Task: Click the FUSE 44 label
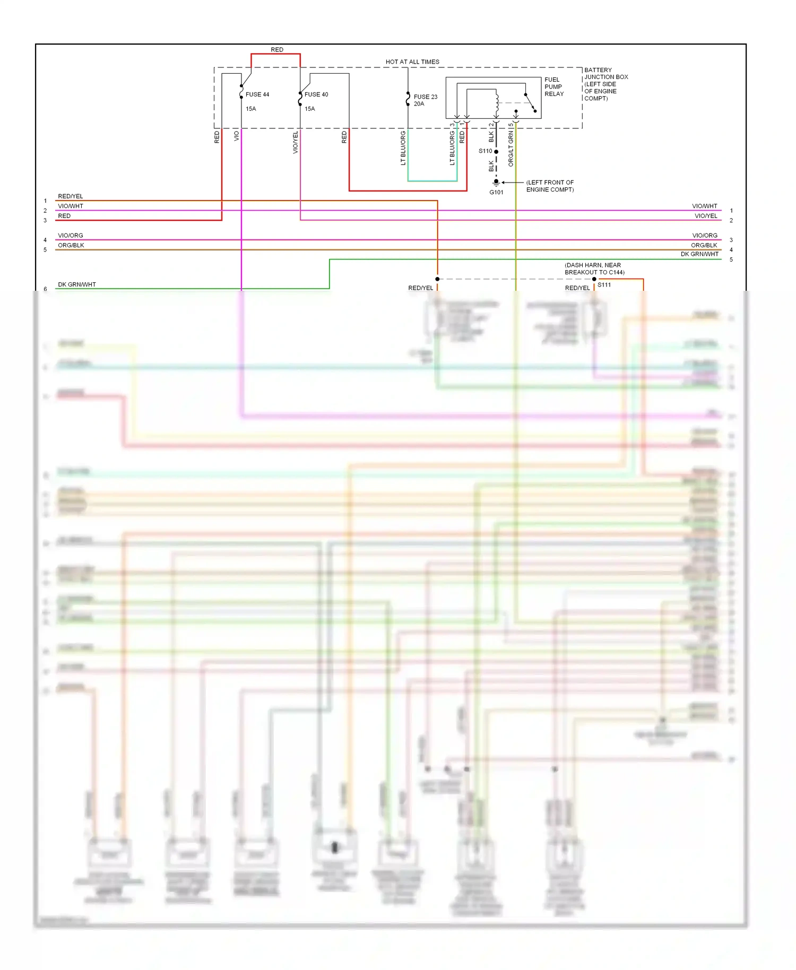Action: tap(257, 94)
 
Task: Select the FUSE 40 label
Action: tap(316, 94)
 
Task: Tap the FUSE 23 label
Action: tap(426, 97)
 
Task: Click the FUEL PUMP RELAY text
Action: tap(554, 86)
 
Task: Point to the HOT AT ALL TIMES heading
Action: tap(412, 62)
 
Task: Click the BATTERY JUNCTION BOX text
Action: tap(605, 84)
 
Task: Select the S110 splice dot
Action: tap(496, 152)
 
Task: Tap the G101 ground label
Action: tap(496, 192)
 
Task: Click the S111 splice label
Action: tap(604, 285)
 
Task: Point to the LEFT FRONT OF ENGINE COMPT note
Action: tap(550, 186)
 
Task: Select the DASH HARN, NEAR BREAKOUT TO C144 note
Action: tap(594, 269)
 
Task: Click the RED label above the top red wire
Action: tap(277, 49)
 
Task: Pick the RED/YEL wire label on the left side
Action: tap(71, 196)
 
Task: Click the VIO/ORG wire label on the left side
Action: tap(71, 236)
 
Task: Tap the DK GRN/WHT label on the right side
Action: tap(699, 254)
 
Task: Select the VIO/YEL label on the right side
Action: tap(706, 216)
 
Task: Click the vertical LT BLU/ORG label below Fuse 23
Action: tap(403, 149)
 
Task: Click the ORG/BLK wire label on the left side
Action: tap(71, 245)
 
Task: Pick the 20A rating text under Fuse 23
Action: tap(419, 104)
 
